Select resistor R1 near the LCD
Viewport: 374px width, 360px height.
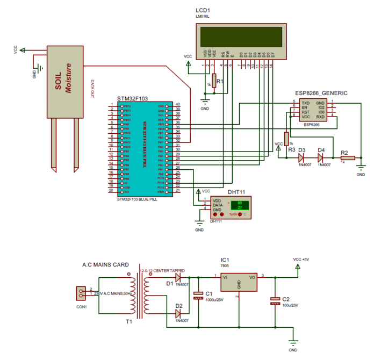[214, 81]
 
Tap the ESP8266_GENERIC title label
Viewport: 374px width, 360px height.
[321, 93]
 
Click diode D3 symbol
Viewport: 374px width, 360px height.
[301, 158]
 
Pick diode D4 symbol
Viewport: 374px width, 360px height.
[321, 158]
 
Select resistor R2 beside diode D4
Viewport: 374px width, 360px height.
[347, 158]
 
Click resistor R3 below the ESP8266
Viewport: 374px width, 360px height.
[286, 138]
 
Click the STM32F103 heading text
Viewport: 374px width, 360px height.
[132, 99]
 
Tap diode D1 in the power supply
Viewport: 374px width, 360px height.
[178, 277]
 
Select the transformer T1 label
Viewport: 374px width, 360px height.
[129, 322]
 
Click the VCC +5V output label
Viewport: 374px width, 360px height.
[301, 259]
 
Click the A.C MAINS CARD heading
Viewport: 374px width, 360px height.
[104, 265]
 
